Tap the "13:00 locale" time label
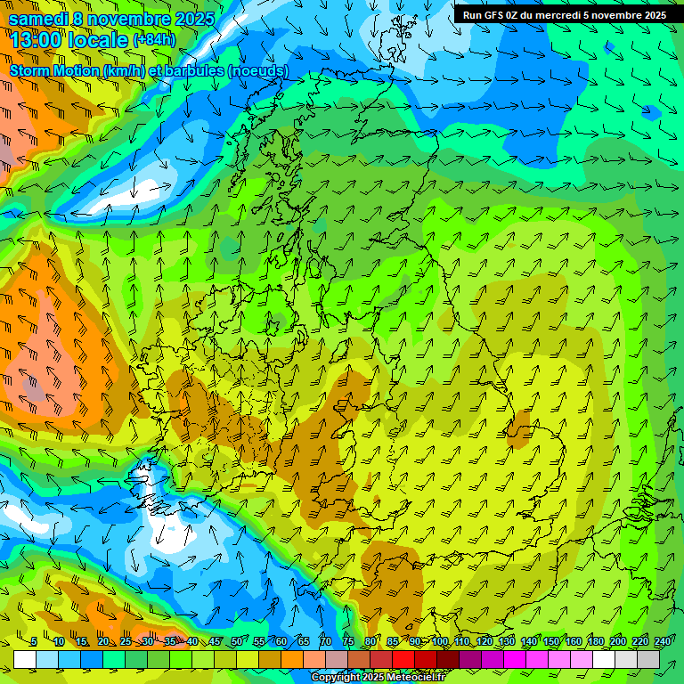[x=69, y=39]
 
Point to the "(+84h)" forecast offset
[x=154, y=39]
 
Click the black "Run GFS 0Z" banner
[x=565, y=14]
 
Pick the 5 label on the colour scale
[x=34, y=642]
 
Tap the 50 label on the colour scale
[x=236, y=642]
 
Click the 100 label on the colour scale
[x=440, y=642]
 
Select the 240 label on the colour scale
[x=662, y=642]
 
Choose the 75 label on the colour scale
[x=348, y=642]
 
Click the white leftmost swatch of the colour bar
[x=25, y=659]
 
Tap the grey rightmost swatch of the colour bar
[x=648, y=659]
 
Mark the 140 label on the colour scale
[x=529, y=642]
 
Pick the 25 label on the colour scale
[x=125, y=642]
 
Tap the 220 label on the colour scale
[x=639, y=642]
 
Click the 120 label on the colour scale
[x=484, y=642]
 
